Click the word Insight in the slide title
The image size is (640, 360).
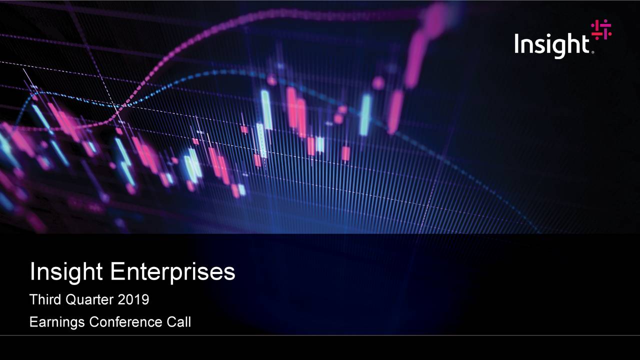pos(66,272)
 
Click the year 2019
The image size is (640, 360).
pos(133,300)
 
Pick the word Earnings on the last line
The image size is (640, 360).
pos(57,322)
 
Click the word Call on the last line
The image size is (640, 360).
pos(178,322)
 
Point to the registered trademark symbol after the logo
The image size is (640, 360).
pos(593,51)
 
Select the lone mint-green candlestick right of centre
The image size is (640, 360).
pos(366,114)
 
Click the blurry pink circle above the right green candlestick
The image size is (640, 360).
pos(378,83)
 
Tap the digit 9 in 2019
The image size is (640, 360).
pos(145,300)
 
